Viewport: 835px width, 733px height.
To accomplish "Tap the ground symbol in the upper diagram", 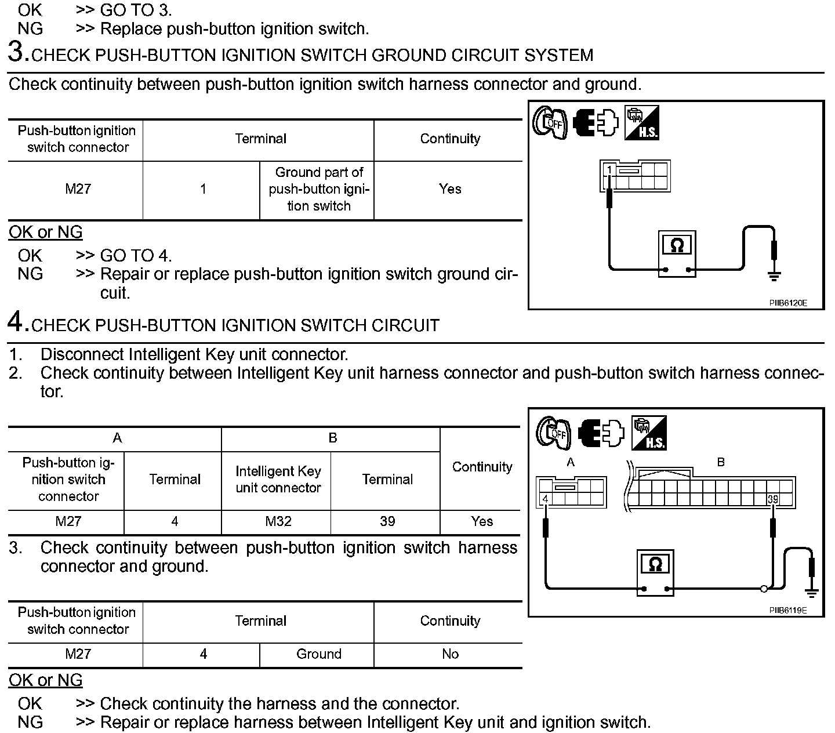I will tap(774, 275).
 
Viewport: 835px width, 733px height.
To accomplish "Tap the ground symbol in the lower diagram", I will tap(811, 593).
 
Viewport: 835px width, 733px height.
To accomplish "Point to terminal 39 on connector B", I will tap(772, 499).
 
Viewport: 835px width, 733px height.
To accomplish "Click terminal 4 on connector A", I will tap(545, 499).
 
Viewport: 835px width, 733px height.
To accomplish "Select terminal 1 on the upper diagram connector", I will tap(609, 170).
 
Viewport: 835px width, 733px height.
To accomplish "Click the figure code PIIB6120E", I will tap(788, 303).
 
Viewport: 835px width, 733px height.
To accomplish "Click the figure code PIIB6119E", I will tap(788, 611).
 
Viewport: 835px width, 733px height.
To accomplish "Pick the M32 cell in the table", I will tap(278, 521).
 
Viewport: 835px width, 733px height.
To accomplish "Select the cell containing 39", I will tap(387, 521).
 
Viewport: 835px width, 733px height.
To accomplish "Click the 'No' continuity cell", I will tap(450, 654).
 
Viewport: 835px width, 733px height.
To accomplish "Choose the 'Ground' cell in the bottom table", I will tap(318, 654).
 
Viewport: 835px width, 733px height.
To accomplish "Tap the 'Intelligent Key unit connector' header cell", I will tap(278, 480).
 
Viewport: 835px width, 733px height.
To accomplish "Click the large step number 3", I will tap(17, 52).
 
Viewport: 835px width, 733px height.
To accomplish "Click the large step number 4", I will tap(17, 322).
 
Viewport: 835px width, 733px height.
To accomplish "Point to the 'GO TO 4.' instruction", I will tap(136, 256).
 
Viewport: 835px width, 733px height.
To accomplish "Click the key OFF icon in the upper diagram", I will tap(549, 123).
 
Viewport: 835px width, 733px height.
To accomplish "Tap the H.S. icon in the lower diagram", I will tap(649, 433).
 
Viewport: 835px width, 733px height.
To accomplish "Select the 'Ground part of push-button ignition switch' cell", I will tap(318, 189).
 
